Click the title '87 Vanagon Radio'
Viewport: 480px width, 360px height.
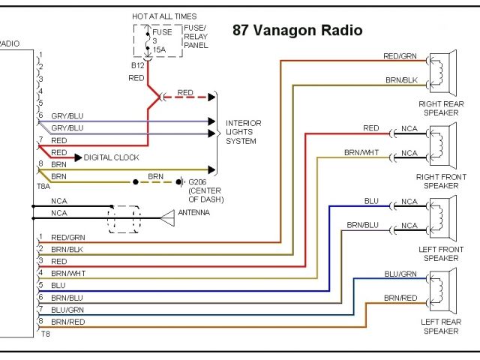click(298, 31)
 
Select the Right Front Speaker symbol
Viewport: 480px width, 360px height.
click(443, 142)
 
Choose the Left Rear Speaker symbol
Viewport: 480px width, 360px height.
click(443, 289)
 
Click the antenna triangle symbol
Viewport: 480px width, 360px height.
click(166, 218)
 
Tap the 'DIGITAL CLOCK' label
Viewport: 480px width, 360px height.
click(109, 157)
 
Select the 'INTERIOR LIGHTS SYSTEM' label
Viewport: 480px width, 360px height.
click(244, 132)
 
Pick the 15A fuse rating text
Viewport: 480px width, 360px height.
click(160, 49)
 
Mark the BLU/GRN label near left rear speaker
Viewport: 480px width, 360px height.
click(400, 274)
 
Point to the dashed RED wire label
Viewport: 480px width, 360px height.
click(185, 93)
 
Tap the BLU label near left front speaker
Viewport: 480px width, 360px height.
click(371, 200)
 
